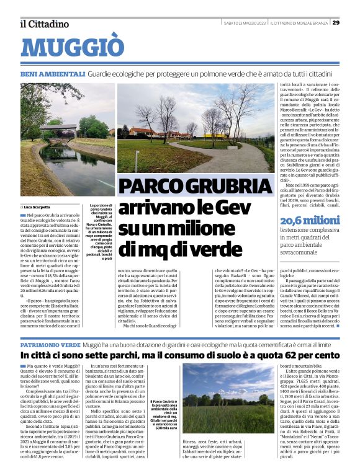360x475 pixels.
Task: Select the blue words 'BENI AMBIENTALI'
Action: tap(52, 74)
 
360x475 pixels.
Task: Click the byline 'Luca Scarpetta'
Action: tap(38, 206)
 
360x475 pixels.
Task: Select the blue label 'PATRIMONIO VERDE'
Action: tap(50, 343)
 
